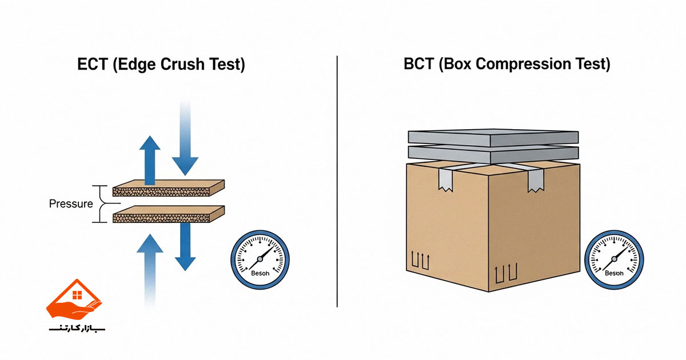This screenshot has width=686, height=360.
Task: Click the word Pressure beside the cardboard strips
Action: pyautogui.click(x=71, y=203)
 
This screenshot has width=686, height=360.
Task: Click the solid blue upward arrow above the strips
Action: pyautogui.click(x=150, y=160)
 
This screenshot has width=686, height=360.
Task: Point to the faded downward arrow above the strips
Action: pyautogui.click(x=185, y=137)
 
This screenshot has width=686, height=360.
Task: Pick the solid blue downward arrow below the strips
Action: pyautogui.click(x=185, y=246)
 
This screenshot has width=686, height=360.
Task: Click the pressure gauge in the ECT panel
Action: pyautogui.click(x=260, y=259)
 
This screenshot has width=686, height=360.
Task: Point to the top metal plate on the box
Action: pyautogui.click(x=493, y=137)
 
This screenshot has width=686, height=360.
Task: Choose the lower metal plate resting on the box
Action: pyautogui.click(x=493, y=153)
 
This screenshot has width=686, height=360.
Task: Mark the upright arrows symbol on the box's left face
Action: pyautogui.click(x=421, y=261)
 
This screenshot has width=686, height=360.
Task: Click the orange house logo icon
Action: pyautogui.click(x=74, y=300)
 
